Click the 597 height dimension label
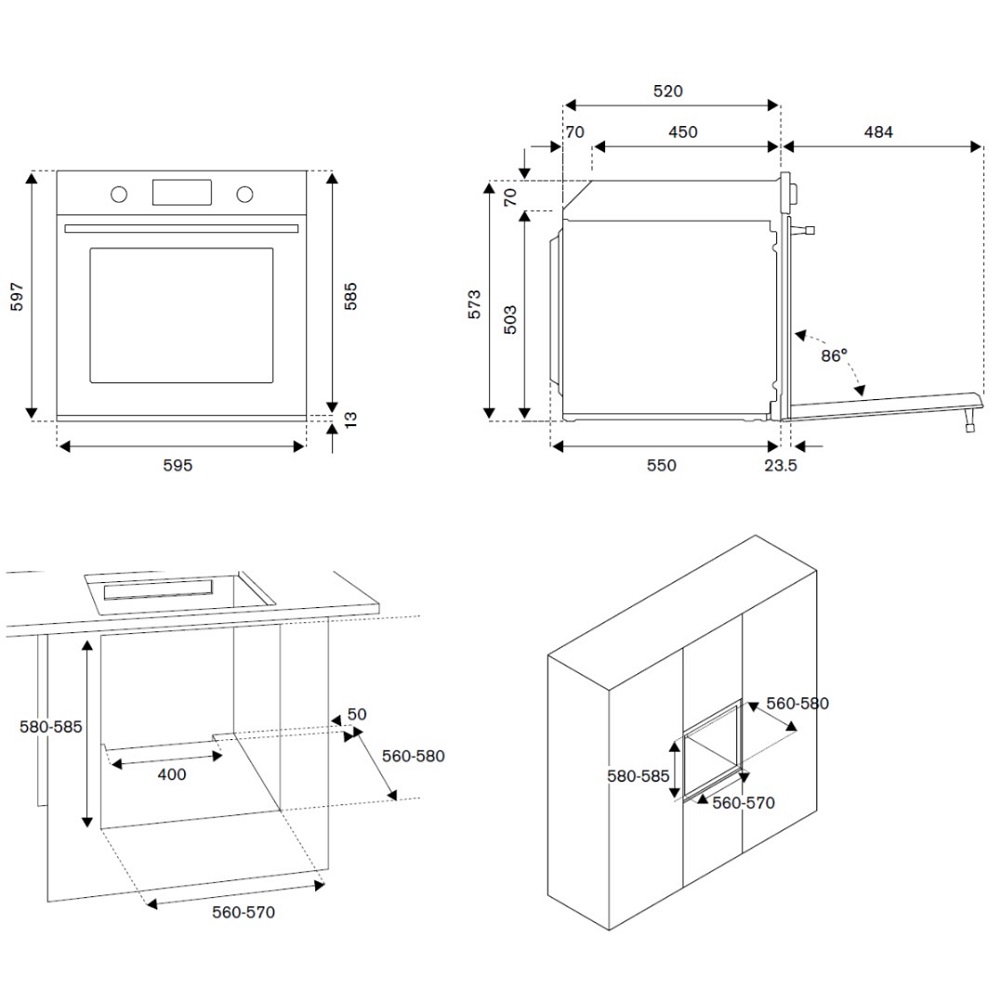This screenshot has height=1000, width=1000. pos(17,297)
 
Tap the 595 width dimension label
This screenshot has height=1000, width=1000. pos(177,465)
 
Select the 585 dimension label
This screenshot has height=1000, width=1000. pos(350,297)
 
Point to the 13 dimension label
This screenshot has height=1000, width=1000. pos(350,420)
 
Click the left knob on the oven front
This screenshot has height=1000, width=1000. pos(118,193)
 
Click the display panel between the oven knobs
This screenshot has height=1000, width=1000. pos(182,192)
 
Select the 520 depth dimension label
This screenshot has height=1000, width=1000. pos(668,91)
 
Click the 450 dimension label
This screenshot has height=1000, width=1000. pos(683,132)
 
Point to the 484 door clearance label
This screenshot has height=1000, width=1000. pos(879,132)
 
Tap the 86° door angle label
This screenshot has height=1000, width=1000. pos(833,354)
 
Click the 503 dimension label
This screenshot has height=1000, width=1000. pos(509,318)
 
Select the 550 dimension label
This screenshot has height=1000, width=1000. pos(661,465)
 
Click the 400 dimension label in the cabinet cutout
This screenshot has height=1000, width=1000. pos(171,774)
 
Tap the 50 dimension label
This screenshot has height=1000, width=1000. pos(357,714)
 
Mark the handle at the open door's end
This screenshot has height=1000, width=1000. pos(969,424)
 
